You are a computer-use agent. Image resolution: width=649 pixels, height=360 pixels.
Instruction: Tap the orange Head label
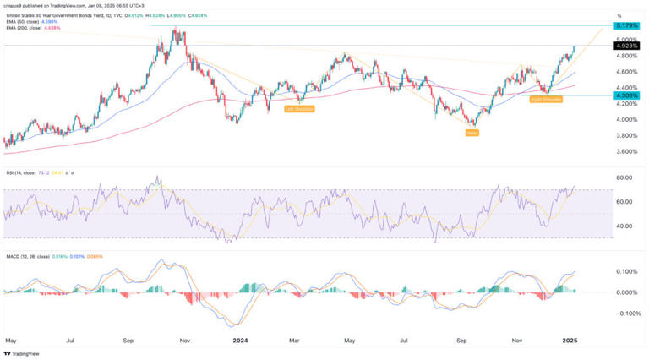(472, 134)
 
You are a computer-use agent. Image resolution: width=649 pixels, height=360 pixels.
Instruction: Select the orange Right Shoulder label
(547, 100)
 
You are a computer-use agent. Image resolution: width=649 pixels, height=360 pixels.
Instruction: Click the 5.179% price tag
(628, 26)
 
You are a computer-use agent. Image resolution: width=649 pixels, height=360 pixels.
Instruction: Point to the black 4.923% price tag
(628, 46)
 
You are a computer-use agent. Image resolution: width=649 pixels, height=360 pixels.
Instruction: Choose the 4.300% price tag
(628, 95)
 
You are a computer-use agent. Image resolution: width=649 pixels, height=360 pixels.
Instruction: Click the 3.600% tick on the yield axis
(627, 152)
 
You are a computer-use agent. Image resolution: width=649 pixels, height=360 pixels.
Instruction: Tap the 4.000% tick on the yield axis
(627, 120)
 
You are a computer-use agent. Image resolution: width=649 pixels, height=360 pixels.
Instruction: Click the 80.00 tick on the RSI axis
(625, 178)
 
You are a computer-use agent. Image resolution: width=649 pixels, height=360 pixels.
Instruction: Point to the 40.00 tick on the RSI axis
(625, 226)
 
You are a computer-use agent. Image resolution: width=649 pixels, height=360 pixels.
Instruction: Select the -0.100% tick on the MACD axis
(626, 314)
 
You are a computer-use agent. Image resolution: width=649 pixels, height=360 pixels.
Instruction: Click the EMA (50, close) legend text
(25, 22)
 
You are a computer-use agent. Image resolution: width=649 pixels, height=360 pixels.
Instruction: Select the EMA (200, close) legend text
(26, 29)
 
